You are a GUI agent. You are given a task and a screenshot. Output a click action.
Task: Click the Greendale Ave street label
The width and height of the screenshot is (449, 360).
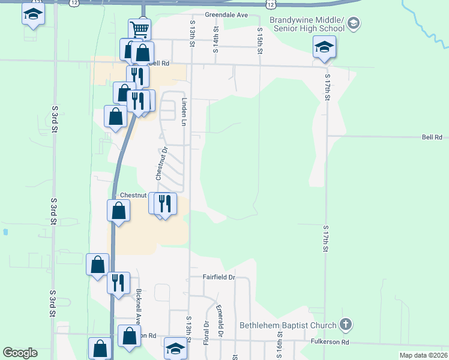click(x=226, y=14)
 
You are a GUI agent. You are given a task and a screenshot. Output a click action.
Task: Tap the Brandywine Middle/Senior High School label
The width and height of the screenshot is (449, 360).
click(x=307, y=24)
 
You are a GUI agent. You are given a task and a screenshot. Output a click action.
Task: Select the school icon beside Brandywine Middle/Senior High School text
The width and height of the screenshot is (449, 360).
click(x=354, y=24)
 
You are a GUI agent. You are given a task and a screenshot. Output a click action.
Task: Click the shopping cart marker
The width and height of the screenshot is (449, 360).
click(x=139, y=29)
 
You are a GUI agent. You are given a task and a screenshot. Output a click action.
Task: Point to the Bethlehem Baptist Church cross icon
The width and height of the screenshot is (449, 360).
click(x=345, y=325)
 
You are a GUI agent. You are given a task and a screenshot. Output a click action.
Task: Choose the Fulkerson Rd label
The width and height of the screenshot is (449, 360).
click(x=330, y=342)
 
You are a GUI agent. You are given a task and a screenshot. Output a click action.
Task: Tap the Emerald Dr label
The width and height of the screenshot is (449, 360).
click(x=220, y=320)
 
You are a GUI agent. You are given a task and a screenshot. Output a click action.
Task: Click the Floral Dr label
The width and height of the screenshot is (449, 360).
click(x=206, y=332)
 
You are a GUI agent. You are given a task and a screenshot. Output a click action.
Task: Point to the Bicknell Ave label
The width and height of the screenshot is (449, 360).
click(x=138, y=307)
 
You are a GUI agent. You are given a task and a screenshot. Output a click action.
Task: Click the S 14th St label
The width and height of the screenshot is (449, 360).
click(x=215, y=40)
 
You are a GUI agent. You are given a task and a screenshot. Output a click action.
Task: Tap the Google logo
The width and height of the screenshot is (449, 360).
click(x=20, y=353)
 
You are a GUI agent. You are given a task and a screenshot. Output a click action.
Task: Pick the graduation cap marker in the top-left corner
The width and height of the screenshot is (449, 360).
click(x=33, y=14)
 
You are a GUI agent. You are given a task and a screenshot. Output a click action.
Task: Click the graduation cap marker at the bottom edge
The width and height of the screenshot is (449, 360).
click(x=175, y=349)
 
